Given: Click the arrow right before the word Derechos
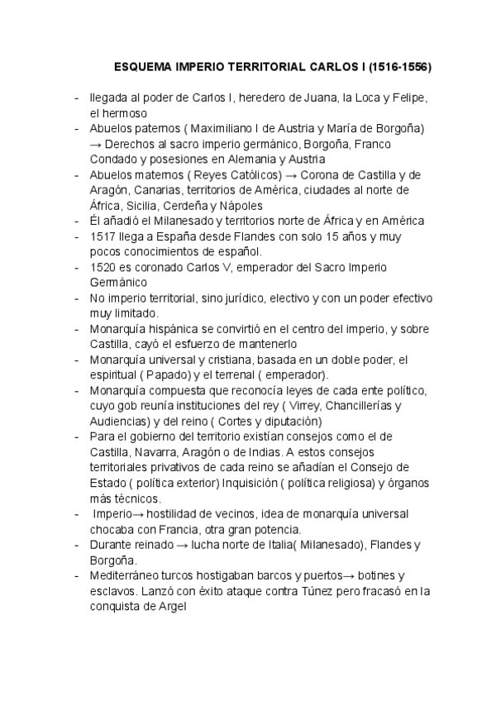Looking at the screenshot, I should [x=96, y=144].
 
